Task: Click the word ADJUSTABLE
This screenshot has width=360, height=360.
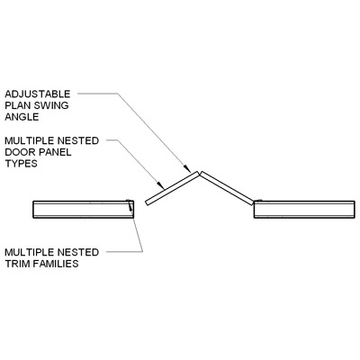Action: (x=38, y=94)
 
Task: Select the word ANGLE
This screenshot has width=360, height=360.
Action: (x=22, y=117)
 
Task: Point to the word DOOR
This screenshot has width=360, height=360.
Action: (x=20, y=152)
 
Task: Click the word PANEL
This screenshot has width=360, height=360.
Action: (x=54, y=152)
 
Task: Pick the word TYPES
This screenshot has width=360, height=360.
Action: (x=21, y=163)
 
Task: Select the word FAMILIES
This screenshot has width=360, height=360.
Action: (x=56, y=264)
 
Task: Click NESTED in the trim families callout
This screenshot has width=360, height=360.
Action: (x=80, y=252)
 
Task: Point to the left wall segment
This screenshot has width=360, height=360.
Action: (x=83, y=209)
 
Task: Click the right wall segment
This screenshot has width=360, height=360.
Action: (x=304, y=209)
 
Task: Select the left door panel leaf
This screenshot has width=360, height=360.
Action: (x=172, y=188)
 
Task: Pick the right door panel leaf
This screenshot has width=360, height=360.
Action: (x=227, y=188)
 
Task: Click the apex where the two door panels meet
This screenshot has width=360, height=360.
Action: (x=200, y=173)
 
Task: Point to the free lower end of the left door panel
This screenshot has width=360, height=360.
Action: (x=147, y=203)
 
